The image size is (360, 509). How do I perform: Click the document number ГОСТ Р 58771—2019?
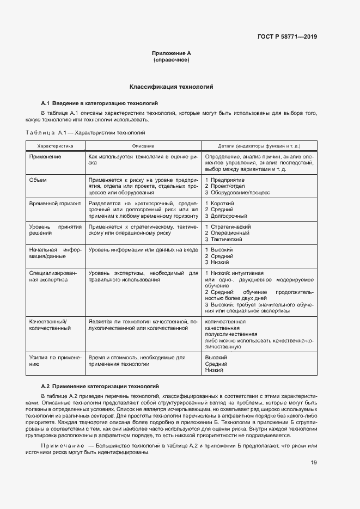click(286, 37)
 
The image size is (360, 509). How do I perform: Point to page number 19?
click(314, 463)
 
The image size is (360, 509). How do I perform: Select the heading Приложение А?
click(171, 53)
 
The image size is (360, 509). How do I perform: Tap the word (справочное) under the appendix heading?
click(171, 60)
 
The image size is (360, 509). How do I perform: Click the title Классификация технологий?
click(171, 87)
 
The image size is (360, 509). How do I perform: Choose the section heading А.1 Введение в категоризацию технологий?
click(100, 102)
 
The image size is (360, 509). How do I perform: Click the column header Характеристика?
click(54, 146)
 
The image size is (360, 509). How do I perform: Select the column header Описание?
click(143, 146)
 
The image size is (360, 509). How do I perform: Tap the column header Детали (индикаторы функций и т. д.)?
click(259, 146)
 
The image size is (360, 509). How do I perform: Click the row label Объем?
click(38, 180)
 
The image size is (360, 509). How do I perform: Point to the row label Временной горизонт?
click(55, 203)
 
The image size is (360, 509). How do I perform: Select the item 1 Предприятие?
click(225, 180)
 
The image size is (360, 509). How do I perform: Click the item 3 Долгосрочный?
click(226, 216)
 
